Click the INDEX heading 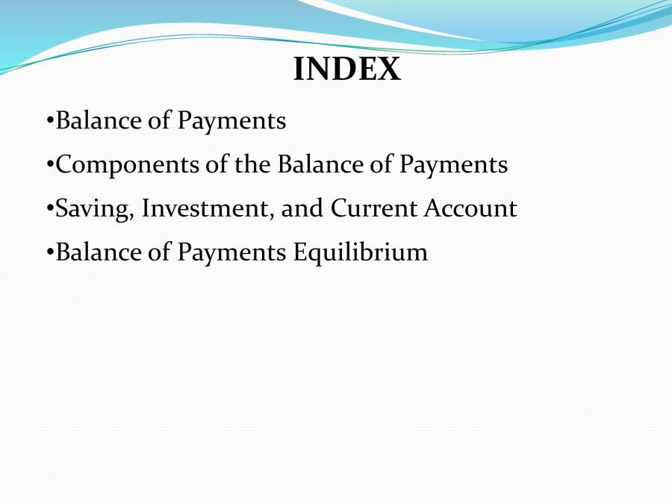(x=347, y=69)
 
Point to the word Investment (x=208, y=208)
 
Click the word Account (x=470, y=208)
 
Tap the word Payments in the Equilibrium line (x=231, y=253)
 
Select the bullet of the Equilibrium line (x=50, y=253)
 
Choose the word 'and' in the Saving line (x=303, y=208)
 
